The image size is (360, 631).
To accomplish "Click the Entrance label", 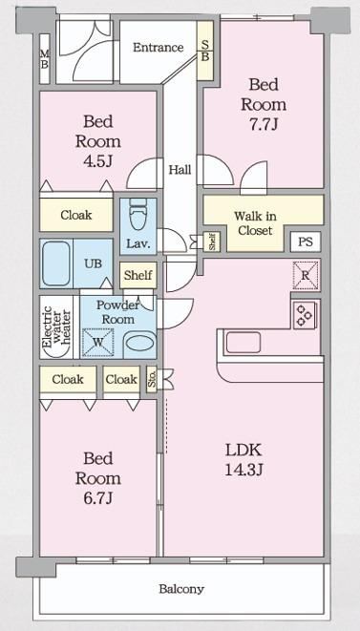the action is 158,48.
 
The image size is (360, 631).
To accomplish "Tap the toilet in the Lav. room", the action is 138,218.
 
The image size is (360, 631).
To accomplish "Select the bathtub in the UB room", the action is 56,263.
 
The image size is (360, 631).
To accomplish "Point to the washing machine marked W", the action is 97,343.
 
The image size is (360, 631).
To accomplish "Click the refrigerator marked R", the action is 306,276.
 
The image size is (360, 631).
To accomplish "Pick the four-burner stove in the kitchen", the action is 305,315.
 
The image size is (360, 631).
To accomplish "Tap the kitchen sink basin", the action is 243,343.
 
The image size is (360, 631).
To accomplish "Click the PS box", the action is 306,242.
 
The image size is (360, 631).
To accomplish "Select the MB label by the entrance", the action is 44,59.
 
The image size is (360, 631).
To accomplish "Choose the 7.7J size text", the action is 264,124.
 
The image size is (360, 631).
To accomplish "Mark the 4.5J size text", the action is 97,161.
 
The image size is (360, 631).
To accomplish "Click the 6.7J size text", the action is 97,498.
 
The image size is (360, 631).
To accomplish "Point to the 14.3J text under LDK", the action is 244,470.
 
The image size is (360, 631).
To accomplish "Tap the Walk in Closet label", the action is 255,223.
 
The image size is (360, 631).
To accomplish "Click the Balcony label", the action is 181,589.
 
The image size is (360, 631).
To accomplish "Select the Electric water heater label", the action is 56,327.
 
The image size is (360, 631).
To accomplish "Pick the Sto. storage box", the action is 152,379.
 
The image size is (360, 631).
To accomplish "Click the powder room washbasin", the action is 139,344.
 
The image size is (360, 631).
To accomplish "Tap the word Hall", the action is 180,170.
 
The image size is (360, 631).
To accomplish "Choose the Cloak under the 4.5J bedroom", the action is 76,215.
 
